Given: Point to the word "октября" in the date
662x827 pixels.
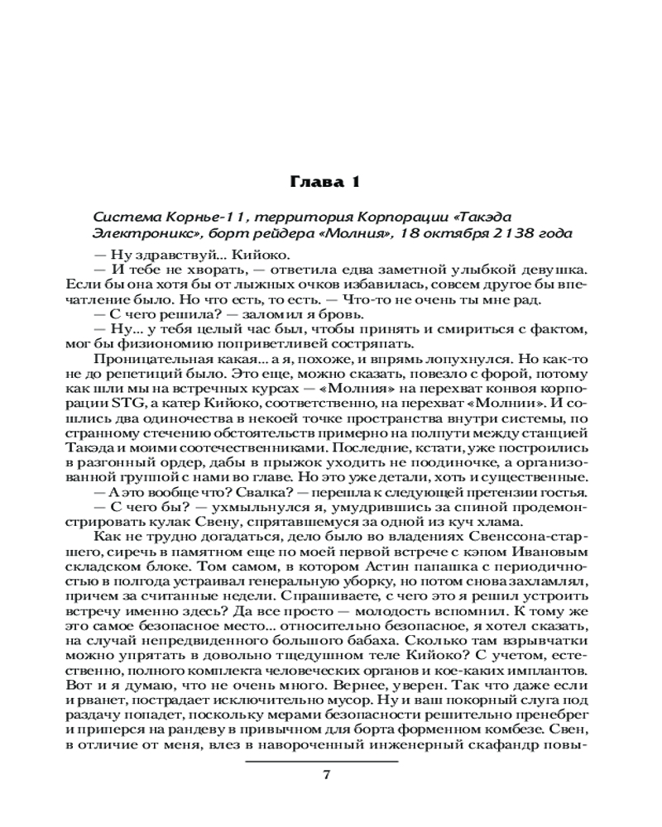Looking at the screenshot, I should pyautogui.click(x=461, y=235).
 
